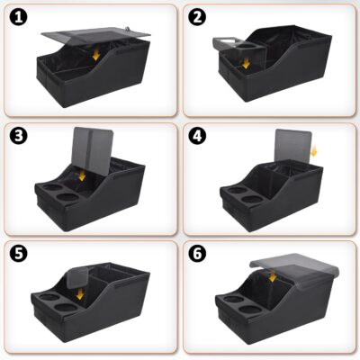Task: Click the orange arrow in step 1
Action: point(96,56)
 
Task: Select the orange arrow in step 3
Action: point(82,175)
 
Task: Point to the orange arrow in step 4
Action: point(313,155)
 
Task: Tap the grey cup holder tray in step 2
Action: point(236,42)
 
